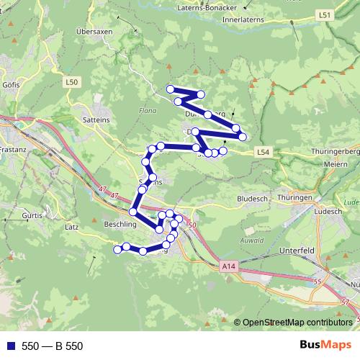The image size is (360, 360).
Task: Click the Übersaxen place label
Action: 94,32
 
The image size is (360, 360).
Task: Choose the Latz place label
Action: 71,227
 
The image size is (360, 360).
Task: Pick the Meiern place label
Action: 338,163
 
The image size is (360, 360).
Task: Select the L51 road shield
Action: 325,14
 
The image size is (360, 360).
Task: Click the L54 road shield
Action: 264,152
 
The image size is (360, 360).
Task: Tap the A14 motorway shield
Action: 228,267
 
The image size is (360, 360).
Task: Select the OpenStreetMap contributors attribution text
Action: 298,323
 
